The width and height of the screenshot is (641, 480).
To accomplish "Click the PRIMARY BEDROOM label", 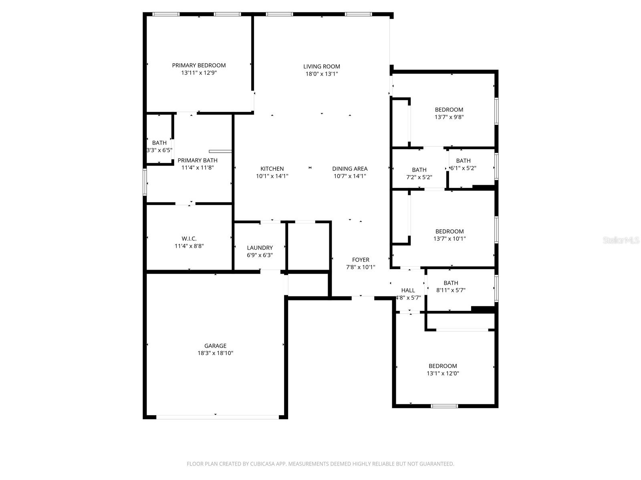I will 199,65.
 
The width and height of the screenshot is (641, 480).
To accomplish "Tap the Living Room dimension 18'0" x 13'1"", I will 321,74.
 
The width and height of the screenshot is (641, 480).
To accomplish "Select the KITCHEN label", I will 272,169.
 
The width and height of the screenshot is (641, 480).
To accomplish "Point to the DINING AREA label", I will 350,169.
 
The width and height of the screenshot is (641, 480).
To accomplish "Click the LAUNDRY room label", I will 260,248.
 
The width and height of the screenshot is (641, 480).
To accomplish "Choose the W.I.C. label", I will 189,239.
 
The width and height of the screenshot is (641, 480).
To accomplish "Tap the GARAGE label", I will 215,346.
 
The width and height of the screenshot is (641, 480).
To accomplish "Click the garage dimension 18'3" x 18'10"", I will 215,353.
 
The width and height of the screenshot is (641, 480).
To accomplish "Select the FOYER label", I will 361,260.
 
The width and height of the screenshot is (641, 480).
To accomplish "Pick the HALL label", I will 408,290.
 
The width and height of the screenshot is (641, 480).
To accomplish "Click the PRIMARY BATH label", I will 198,160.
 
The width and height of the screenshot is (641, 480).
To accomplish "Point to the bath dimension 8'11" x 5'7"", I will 451,290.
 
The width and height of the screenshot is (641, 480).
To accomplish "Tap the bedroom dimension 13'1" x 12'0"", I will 443,374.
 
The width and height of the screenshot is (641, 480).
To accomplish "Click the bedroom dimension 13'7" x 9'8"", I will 449,117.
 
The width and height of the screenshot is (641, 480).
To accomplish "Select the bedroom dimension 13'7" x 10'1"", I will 450,239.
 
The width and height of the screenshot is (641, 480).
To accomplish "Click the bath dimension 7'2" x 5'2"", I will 419,177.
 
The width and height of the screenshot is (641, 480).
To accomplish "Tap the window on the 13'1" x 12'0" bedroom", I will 444,406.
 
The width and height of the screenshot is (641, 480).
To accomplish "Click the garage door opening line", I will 217,417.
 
